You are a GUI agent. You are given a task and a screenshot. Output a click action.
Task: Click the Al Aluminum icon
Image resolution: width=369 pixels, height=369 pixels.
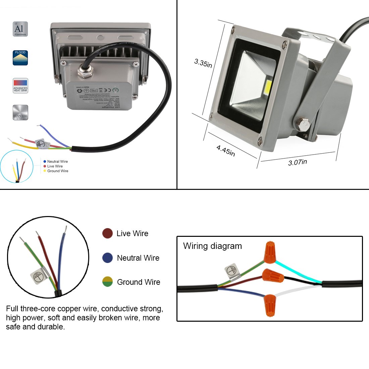click(20, 29)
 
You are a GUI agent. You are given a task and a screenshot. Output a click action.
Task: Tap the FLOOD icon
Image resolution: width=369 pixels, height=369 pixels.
click(20, 58)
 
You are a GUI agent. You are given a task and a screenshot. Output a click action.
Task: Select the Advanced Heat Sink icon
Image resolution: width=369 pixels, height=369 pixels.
click(20, 86)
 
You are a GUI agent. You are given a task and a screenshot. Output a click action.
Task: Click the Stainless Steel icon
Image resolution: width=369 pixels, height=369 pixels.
click(20, 112)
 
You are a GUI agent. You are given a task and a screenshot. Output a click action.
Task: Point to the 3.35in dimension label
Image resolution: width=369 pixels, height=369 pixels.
click(203, 63)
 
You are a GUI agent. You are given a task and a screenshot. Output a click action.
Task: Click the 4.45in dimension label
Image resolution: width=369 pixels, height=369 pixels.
click(225, 150)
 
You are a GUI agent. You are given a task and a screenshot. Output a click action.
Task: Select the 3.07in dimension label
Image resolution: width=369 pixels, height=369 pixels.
click(298, 162)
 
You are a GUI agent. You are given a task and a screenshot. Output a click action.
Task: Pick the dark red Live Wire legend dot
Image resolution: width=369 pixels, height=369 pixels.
click(107, 233)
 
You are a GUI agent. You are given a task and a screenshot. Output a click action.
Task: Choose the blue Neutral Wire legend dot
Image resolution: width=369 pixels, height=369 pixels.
click(107, 258)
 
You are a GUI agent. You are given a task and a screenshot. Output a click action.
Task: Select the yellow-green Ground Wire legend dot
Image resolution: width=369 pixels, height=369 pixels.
click(107, 282)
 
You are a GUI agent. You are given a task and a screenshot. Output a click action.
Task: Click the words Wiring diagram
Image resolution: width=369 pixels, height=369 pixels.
click(212, 246)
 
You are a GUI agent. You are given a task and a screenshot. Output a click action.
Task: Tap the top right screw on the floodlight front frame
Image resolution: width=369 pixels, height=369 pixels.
click(284, 43)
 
